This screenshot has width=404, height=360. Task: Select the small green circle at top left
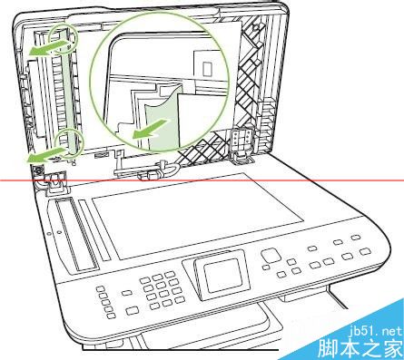coord(63,37)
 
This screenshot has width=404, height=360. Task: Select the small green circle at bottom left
coord(69,141)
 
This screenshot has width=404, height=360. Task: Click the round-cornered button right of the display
coord(269,256)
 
